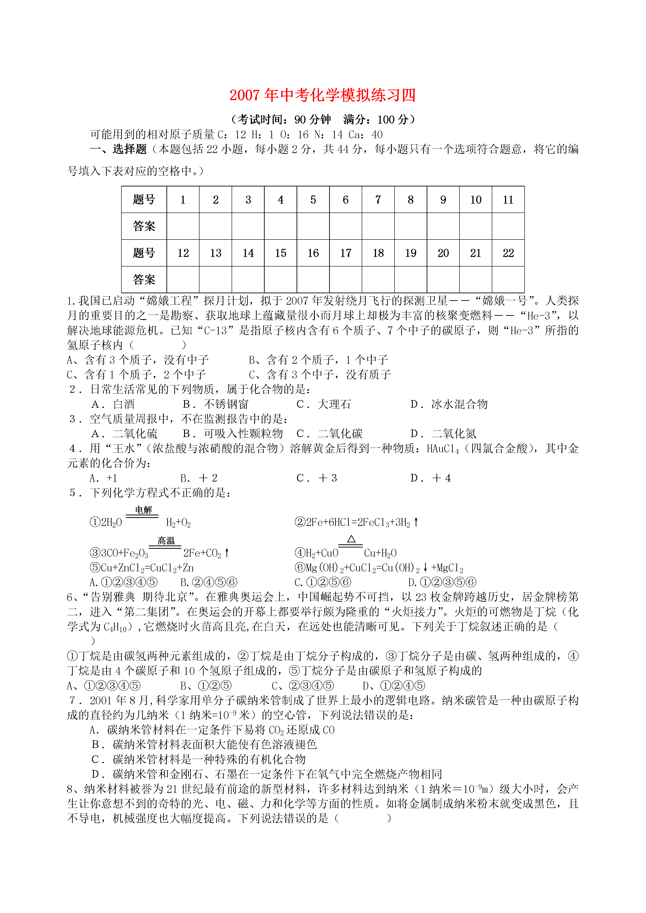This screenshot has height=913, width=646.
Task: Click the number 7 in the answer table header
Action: click(378, 200)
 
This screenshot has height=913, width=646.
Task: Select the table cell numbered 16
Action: click(313, 253)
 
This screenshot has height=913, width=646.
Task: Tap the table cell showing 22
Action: click(508, 253)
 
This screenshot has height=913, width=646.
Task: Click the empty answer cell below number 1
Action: click(183, 226)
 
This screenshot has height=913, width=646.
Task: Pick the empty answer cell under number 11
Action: click(508, 226)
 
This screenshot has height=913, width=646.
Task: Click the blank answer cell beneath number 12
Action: click(183, 280)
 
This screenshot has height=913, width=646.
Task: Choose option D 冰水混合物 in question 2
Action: click(449, 404)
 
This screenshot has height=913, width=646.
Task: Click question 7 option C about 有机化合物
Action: click(199, 760)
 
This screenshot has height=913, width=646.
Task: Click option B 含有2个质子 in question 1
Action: click(318, 360)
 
